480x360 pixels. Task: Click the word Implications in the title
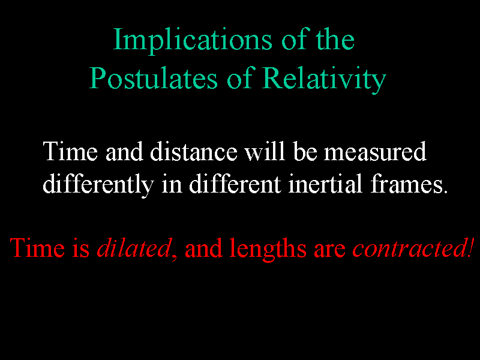(x=193, y=41)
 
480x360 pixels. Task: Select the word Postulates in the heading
(x=154, y=79)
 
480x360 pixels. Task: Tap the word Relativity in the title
(x=324, y=80)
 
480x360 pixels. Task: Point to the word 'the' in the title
(x=335, y=39)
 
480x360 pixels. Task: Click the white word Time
(x=70, y=151)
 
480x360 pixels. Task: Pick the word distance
(x=193, y=151)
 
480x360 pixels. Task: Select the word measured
(x=375, y=151)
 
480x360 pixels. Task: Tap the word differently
(x=98, y=185)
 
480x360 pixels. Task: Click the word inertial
(x=325, y=184)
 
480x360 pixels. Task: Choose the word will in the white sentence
(x=265, y=151)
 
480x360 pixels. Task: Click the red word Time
(x=37, y=248)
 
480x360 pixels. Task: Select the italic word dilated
(x=134, y=248)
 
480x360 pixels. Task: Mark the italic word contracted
(x=409, y=248)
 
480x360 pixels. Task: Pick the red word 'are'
(x=329, y=250)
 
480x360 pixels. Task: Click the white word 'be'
(x=305, y=151)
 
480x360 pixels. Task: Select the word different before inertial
(x=235, y=184)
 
